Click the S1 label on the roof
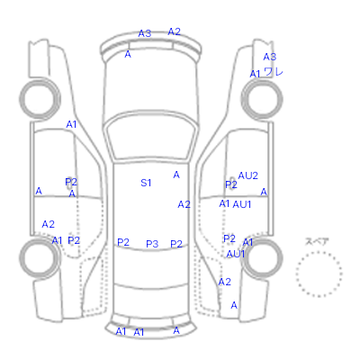pyautogui.click(x=146, y=183)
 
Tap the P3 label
pyautogui.click(x=152, y=244)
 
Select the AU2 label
pyautogui.click(x=247, y=175)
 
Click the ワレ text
pyautogui.click(x=274, y=72)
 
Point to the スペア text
pyautogui.click(x=317, y=241)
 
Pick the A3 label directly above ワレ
pyautogui.click(x=270, y=57)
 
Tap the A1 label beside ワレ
pyautogui.click(x=255, y=74)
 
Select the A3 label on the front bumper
pyautogui.click(x=145, y=33)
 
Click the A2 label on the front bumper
pyautogui.click(x=175, y=31)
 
